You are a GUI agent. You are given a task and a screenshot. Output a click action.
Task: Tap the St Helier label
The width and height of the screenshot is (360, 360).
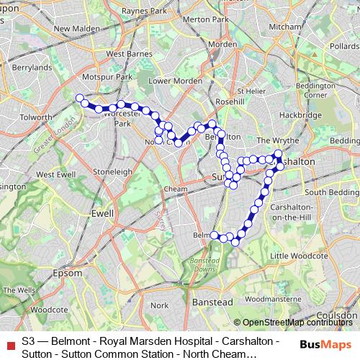pyautogui.click(x=252, y=91)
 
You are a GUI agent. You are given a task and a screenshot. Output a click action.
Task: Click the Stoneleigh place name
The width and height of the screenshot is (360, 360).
pyautogui.click(x=112, y=172)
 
